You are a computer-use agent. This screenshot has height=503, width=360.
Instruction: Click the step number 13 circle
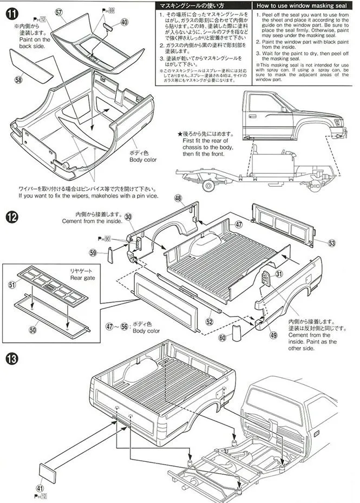(x=12, y=358)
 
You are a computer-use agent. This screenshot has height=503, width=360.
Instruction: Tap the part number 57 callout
(x=59, y=11)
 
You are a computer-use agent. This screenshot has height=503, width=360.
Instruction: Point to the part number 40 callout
(x=125, y=22)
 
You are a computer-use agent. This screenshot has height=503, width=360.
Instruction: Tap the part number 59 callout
(x=94, y=252)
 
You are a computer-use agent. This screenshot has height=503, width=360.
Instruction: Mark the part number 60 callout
(x=222, y=338)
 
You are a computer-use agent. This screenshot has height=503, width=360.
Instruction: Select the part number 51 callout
(x=12, y=285)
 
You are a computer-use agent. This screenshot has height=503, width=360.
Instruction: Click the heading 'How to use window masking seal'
(x=302, y=5)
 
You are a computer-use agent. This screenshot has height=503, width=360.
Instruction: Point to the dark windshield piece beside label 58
(x=27, y=64)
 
